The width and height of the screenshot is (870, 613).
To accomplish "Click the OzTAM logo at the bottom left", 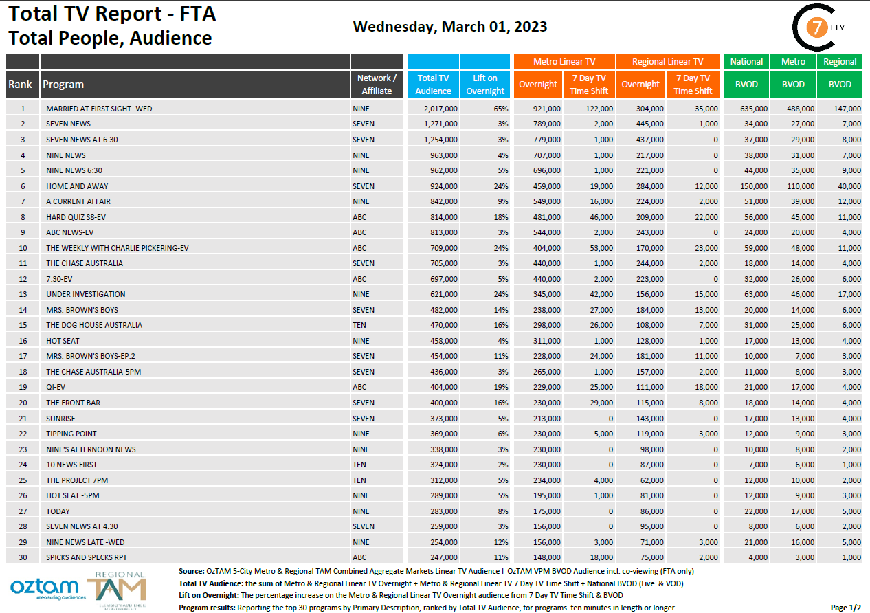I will click(x=44, y=588).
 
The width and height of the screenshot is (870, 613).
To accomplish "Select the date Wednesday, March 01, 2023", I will click(x=450, y=27).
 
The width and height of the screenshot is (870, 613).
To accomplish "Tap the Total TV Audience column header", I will click(x=433, y=85).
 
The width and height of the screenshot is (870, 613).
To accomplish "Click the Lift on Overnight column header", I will click(x=485, y=85).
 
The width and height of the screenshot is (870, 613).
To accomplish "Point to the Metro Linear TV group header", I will click(x=564, y=61).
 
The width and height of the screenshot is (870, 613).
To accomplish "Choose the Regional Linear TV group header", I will click(x=667, y=61).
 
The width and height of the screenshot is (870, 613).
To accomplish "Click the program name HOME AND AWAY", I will click(x=77, y=186).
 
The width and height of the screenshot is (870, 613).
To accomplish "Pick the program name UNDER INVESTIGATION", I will click(x=86, y=294).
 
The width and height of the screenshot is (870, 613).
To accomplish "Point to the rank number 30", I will click(x=23, y=557).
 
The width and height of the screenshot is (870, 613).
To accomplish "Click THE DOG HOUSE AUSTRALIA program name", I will click(x=94, y=325).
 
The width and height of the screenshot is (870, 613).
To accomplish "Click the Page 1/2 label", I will click(x=845, y=608).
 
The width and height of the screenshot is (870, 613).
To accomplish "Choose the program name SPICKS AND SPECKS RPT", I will click(x=87, y=557).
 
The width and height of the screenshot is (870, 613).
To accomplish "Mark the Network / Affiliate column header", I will click(x=377, y=85).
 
